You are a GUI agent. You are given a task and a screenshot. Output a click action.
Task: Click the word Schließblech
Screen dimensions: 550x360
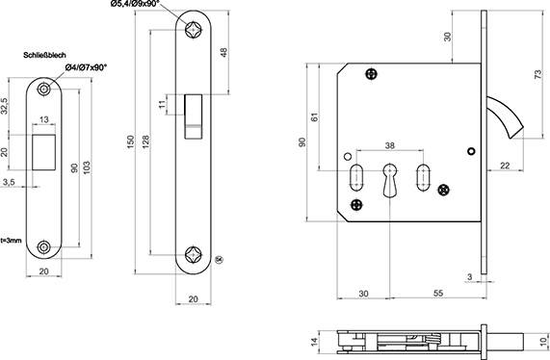pyautogui.click(x=44, y=56)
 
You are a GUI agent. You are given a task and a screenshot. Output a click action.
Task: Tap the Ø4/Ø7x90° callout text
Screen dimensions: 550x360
pyautogui.click(x=86, y=67)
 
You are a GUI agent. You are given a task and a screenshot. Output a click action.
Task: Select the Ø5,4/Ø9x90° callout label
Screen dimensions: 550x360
pyautogui.click(x=135, y=4)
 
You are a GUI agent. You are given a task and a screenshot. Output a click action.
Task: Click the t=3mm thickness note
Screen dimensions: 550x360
pyautogui.click(x=11, y=241)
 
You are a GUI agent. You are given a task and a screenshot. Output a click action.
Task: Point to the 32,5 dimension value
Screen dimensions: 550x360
pyautogui.click(x=4, y=106)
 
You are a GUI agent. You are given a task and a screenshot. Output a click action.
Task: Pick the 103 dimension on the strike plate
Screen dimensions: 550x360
pyautogui.click(x=87, y=167)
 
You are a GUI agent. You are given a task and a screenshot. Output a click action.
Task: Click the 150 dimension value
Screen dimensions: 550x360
pyautogui.click(x=130, y=141)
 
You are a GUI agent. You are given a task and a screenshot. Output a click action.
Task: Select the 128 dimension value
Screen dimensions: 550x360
pyautogui.click(x=145, y=141)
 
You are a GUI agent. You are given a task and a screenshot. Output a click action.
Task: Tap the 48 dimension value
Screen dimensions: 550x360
pyautogui.click(x=224, y=52)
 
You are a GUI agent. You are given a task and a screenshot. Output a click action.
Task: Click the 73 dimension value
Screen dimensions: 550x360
pyautogui.click(x=538, y=74)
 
